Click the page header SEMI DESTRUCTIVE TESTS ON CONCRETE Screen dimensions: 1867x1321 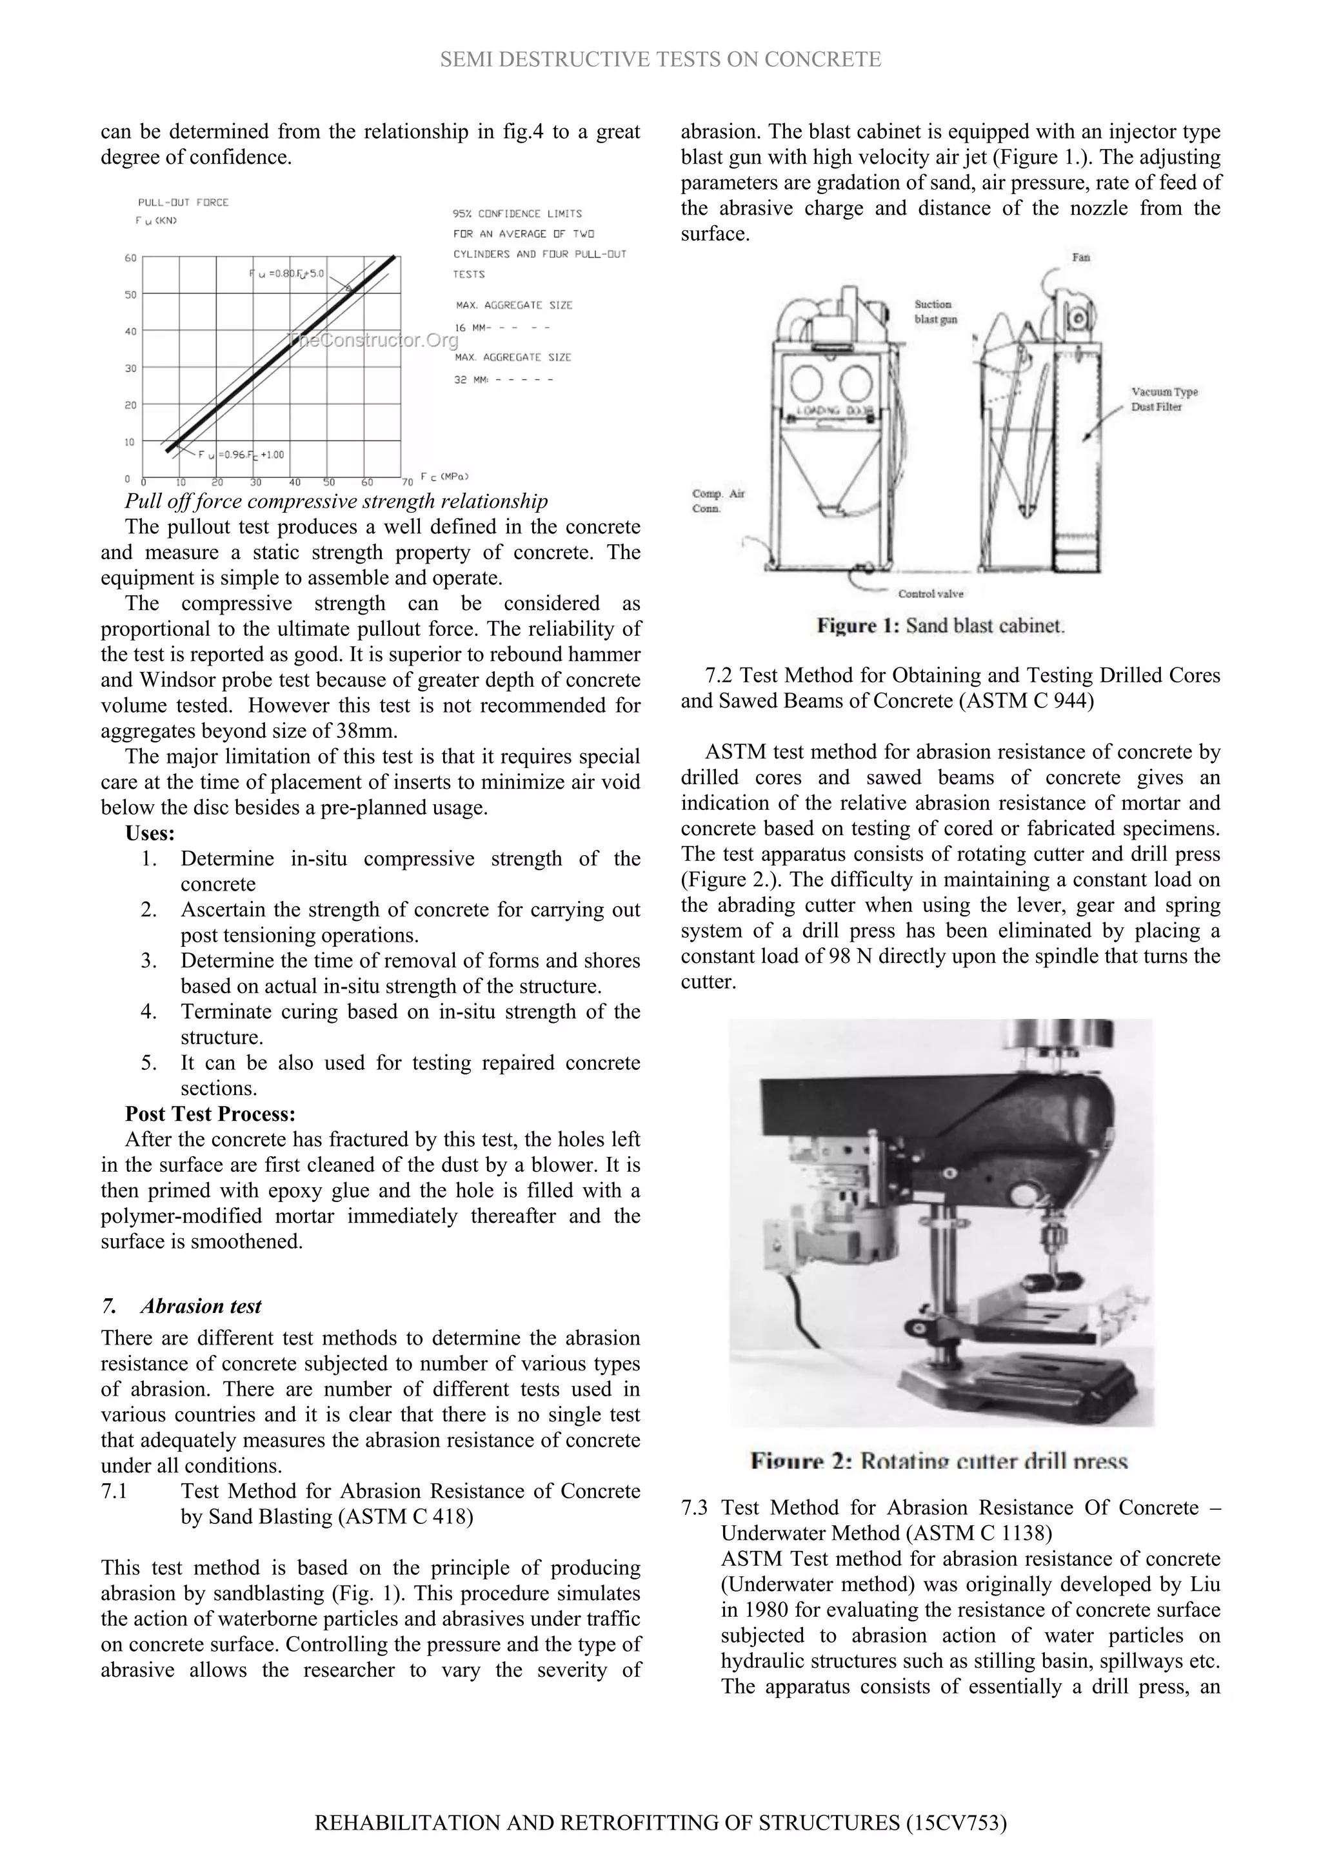coord(660,59)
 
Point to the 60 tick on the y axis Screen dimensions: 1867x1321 coord(130,259)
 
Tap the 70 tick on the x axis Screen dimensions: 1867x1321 coord(408,483)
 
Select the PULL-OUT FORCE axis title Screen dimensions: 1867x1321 coord(183,203)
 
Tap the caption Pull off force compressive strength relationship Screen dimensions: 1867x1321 coord(336,501)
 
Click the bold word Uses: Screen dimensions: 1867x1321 coord(150,833)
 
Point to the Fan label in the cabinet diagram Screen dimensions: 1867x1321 coord(1081,258)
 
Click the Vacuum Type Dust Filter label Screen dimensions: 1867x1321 coord(1164,399)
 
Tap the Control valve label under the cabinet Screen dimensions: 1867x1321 coord(931,593)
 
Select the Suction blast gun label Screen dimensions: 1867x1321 coord(935,312)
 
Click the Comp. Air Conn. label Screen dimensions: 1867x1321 coord(719,501)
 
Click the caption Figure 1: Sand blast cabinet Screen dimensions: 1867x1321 coord(940,626)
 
